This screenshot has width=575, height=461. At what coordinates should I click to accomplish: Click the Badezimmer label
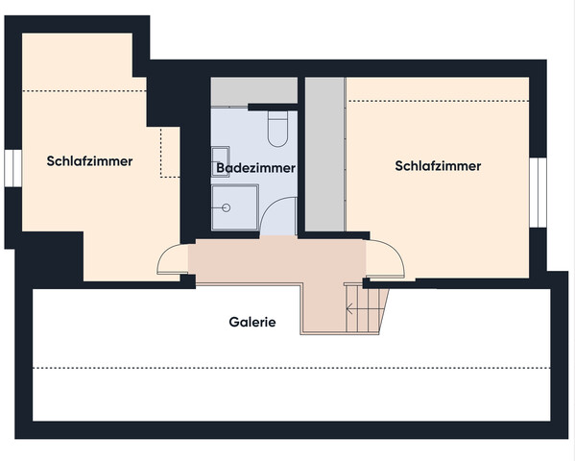pyautogui.click(x=255, y=168)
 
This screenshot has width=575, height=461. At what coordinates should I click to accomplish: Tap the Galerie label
pyautogui.click(x=252, y=323)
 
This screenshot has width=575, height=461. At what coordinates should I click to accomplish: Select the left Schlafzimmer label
pyautogui.click(x=89, y=161)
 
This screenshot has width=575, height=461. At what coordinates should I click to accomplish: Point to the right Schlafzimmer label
pyautogui.click(x=438, y=166)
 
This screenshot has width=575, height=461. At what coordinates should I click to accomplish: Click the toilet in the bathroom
pyautogui.click(x=278, y=130)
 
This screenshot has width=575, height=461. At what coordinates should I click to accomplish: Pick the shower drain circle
pyautogui.click(x=227, y=206)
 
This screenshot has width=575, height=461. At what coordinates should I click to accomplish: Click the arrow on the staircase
pyautogui.click(x=352, y=309)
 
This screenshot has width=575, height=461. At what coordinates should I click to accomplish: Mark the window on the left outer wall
pyautogui.click(x=11, y=166)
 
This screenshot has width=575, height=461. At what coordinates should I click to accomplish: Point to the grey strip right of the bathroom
pyautogui.click(x=324, y=154)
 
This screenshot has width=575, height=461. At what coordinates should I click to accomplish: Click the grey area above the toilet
pyautogui.click(x=253, y=91)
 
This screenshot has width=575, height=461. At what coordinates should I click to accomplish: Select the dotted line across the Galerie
pyautogui.click(x=288, y=369)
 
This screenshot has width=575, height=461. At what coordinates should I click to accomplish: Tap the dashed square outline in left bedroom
pyautogui.click(x=171, y=154)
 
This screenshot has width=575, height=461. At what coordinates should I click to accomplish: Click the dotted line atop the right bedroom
pyautogui.click(x=437, y=101)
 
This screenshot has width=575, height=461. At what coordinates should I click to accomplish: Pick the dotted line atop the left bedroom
pyautogui.click(x=82, y=91)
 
